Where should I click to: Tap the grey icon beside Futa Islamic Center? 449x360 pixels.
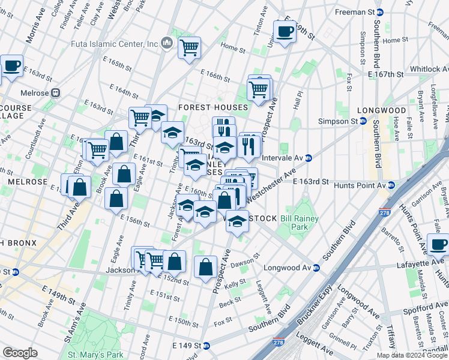(x=167, y=43)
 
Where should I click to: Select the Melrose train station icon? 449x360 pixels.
(x=56, y=93)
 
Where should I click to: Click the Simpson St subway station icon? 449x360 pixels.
(x=364, y=121)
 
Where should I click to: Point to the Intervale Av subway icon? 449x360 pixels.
(x=309, y=158)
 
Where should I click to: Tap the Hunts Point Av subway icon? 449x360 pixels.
(x=391, y=185)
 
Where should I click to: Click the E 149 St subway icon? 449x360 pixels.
(x=206, y=346)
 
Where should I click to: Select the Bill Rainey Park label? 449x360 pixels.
(x=298, y=223)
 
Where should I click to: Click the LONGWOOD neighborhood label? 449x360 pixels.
(x=382, y=111)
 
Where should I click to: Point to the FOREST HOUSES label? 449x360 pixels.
(x=212, y=107)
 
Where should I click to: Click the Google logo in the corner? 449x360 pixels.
(x=20, y=353)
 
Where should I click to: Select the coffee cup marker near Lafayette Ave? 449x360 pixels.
(x=439, y=245)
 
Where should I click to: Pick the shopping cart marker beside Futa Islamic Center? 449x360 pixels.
(x=189, y=47)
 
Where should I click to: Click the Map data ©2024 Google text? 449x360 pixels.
(x=412, y=355)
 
